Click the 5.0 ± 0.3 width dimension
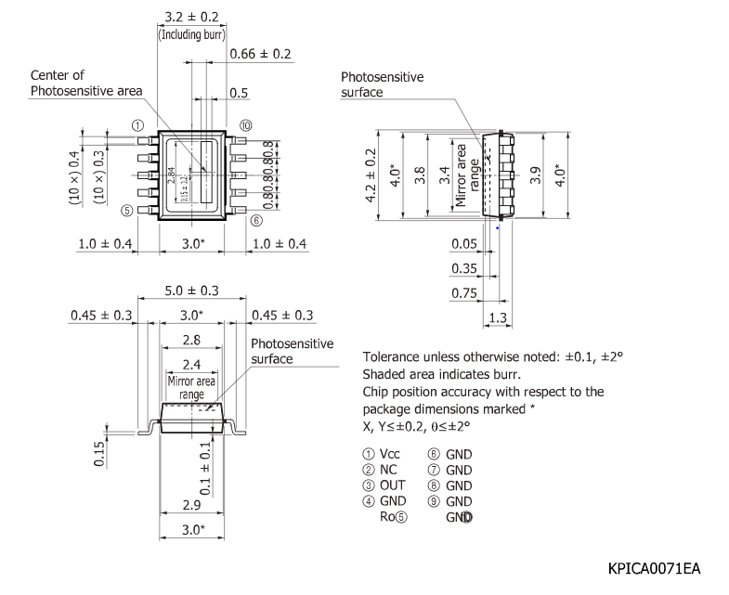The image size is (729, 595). (190, 291)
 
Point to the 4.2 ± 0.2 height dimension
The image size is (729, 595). (371, 175)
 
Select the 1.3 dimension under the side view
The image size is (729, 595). (496, 318)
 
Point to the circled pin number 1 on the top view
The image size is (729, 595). (137, 125)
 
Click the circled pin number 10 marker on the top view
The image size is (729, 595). (245, 125)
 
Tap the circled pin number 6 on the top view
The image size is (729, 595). (256, 221)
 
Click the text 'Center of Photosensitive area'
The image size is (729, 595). (86, 83)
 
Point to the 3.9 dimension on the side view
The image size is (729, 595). (535, 175)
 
